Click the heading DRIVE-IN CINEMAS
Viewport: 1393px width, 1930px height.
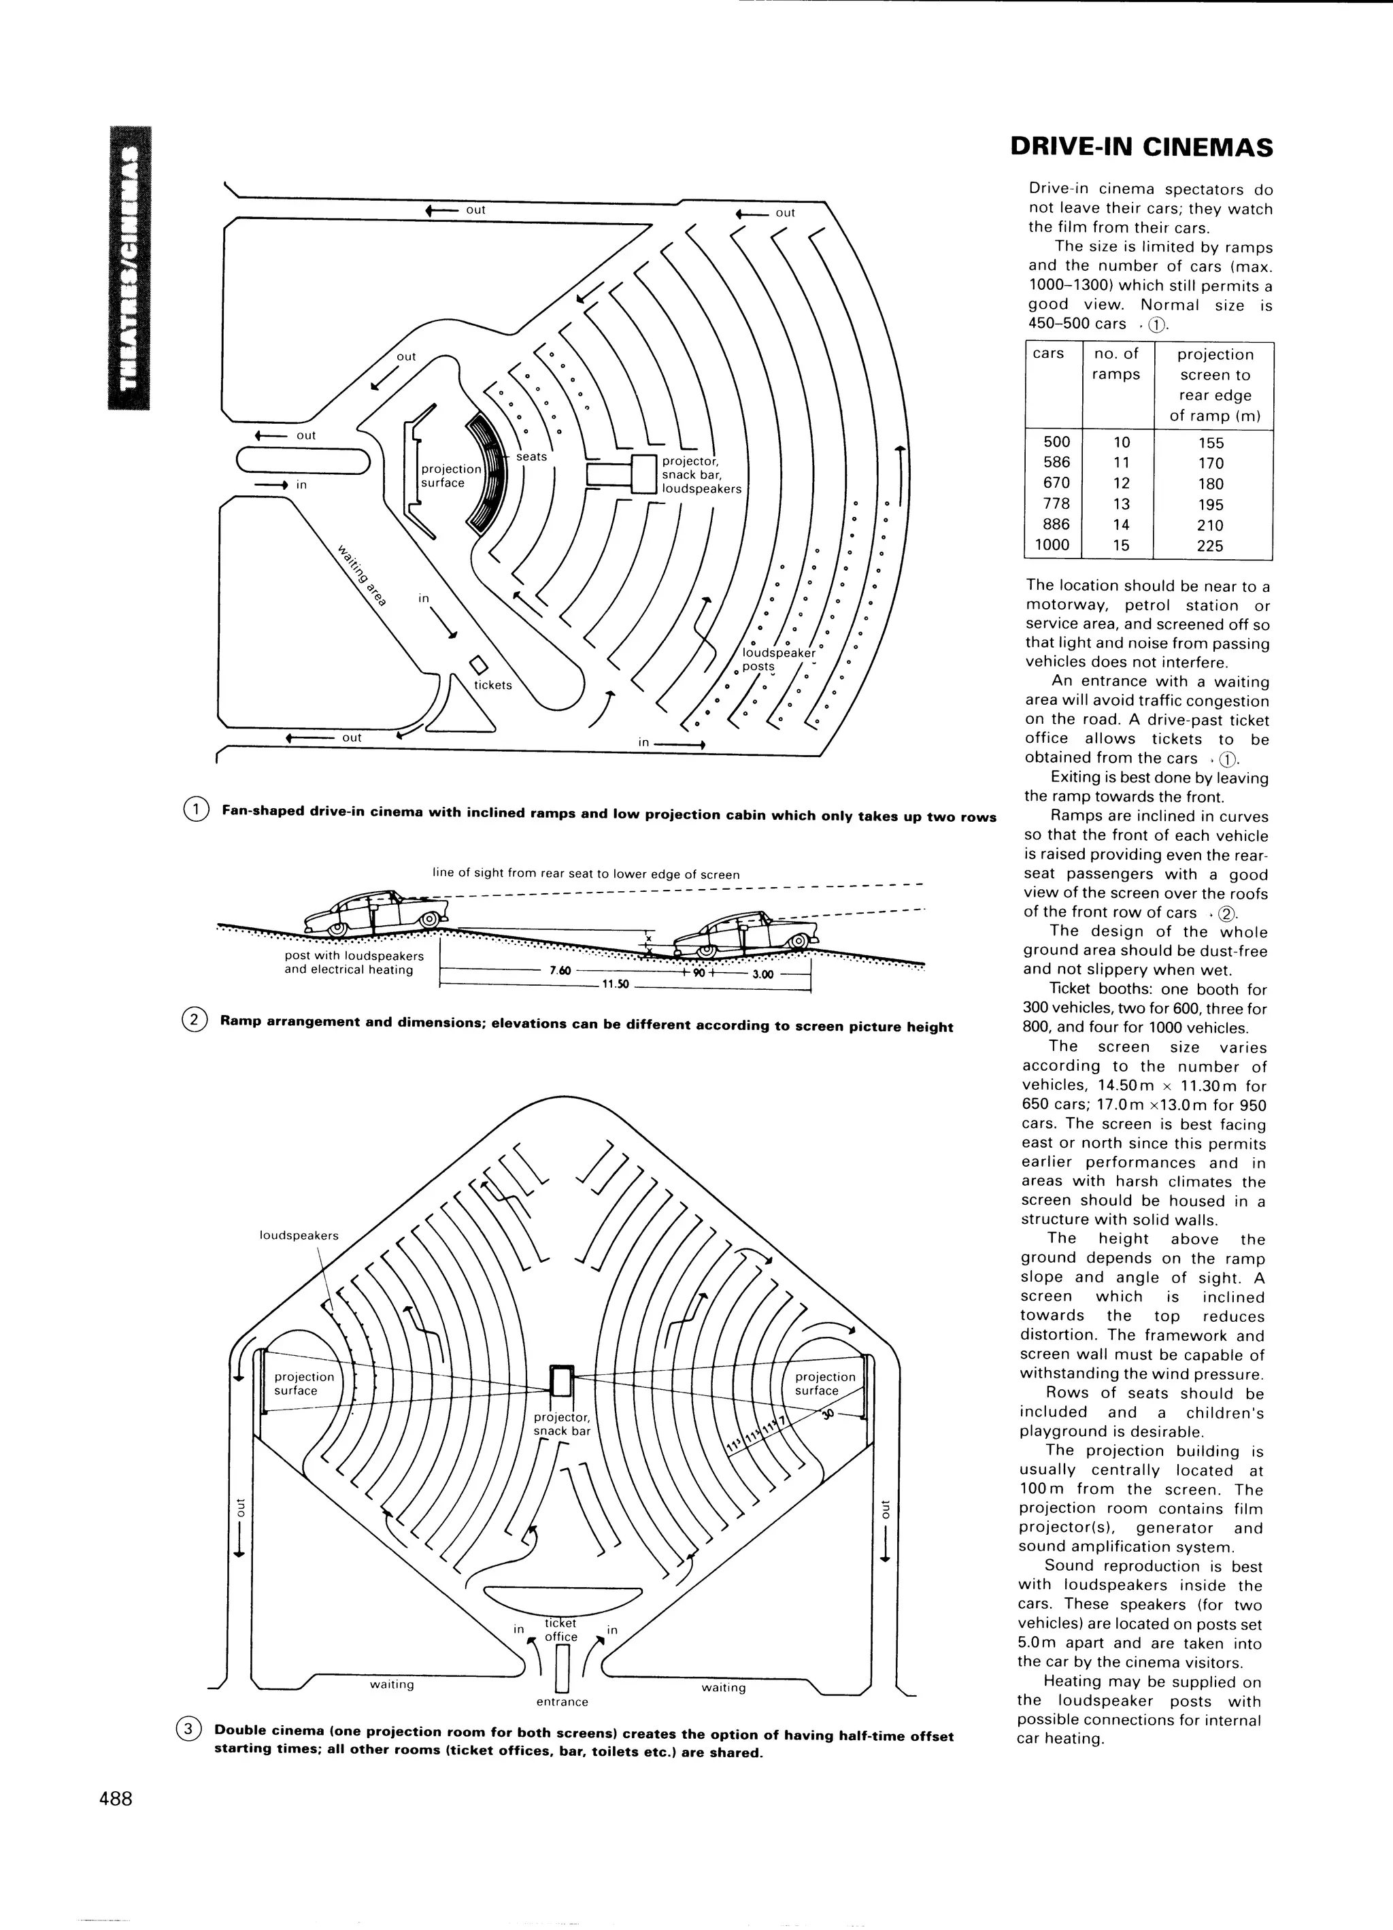pos(1141,148)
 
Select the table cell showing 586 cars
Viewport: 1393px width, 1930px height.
pos(1056,463)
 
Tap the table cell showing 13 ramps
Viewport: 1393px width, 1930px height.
pos(1121,504)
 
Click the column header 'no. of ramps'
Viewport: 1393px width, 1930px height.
pos(1115,364)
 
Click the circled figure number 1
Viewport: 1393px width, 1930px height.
pos(196,810)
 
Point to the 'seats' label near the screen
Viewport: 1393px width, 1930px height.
pos(531,457)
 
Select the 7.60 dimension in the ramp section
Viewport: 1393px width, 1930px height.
pos(559,970)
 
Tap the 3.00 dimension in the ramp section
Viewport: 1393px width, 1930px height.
pos(762,974)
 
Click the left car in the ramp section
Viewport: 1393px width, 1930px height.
pos(374,914)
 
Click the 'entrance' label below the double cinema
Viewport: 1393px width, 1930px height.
pos(563,1702)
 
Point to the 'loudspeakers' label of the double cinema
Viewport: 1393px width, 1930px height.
pos(299,1235)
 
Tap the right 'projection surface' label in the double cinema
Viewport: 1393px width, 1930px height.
pos(824,1384)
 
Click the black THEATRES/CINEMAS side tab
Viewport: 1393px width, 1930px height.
pos(129,267)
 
